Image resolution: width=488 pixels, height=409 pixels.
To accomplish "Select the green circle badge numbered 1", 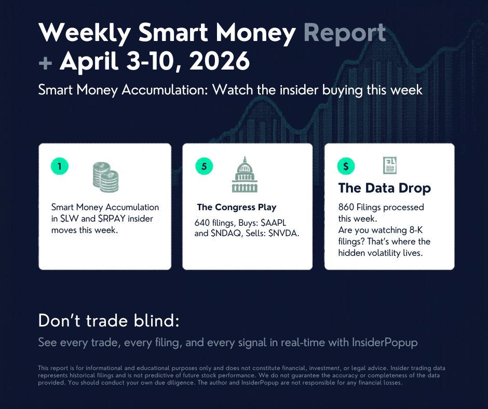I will (x=60, y=166).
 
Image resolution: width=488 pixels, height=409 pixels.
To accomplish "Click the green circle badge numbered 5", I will (x=204, y=166).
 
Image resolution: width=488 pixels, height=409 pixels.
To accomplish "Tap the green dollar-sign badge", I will (x=346, y=166).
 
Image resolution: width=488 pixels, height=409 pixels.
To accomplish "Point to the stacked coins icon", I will (x=106, y=177).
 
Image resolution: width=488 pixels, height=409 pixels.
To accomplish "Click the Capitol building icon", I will (x=244, y=175).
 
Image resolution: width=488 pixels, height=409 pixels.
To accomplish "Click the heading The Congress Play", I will (x=237, y=208).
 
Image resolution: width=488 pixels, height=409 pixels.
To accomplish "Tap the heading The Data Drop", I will (x=384, y=188).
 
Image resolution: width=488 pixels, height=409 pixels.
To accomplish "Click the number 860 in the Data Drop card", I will (x=346, y=207).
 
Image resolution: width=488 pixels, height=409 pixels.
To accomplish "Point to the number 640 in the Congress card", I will (x=196, y=222).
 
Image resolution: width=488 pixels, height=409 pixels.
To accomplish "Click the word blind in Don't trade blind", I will (x=156, y=321).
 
